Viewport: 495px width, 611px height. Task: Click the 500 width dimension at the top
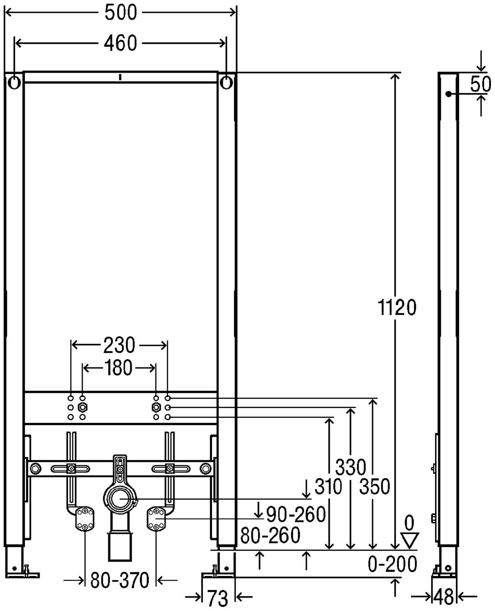pos(120,13)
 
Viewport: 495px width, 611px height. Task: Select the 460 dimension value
pos(120,43)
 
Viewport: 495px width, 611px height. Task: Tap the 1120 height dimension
pos(397,308)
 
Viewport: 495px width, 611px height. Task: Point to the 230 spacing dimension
pos(119,345)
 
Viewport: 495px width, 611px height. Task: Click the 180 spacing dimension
pos(118,368)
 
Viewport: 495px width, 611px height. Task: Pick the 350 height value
pos(375,486)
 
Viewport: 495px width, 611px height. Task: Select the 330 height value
pos(350,467)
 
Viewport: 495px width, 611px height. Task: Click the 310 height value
pos(328,486)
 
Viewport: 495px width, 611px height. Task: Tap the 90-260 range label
pos(296,514)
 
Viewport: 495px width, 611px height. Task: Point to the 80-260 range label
pos(270,535)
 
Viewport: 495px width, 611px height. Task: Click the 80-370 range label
pos(120,580)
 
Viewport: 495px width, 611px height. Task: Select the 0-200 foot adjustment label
pos(392,564)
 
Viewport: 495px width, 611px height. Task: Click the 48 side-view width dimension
pos(444,597)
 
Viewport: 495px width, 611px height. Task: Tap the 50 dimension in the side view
pos(480,84)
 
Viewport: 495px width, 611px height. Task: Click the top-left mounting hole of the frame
pos(14,83)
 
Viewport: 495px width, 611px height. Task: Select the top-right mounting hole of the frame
pos(226,83)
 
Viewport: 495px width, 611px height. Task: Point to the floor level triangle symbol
pos(410,540)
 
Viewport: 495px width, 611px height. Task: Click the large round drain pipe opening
pos(120,499)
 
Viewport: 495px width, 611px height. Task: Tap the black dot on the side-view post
pos(448,94)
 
